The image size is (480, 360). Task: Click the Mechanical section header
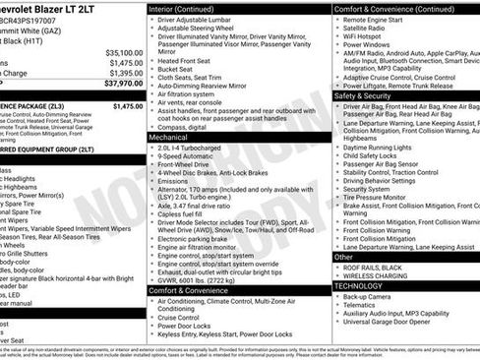coord(170,139)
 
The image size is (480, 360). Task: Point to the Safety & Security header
coord(363,96)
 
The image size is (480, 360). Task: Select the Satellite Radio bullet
coord(372,29)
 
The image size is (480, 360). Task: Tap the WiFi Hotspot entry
coord(369,37)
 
